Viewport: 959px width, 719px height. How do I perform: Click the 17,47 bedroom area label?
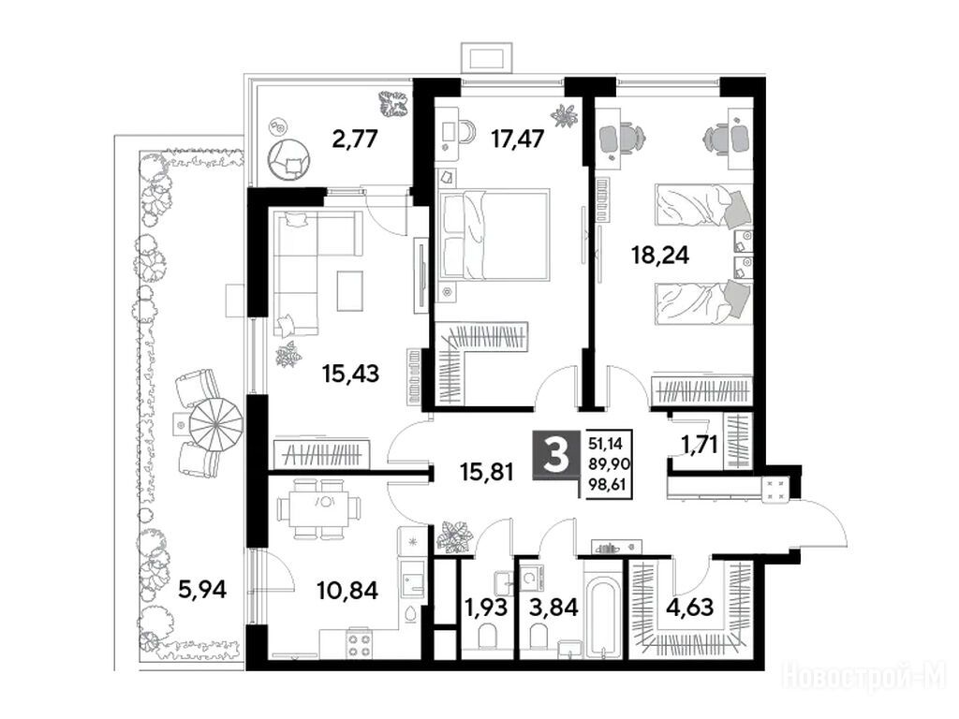(x=517, y=139)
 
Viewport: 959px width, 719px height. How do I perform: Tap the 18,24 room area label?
(x=660, y=255)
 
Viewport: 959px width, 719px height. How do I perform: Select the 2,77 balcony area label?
(x=355, y=139)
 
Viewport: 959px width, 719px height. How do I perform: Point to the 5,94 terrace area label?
(x=202, y=590)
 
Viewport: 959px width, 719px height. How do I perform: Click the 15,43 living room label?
(x=351, y=373)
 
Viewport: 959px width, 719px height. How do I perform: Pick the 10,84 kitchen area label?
(x=347, y=590)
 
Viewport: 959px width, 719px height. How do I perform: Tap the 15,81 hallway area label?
(x=487, y=471)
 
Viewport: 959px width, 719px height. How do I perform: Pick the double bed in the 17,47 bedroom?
(x=494, y=235)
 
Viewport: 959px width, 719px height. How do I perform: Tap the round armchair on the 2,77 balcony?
(x=288, y=159)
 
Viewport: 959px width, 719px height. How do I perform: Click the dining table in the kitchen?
(x=318, y=507)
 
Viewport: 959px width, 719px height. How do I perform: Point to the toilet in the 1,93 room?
(x=487, y=636)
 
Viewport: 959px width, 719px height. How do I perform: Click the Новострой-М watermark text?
(x=864, y=678)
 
